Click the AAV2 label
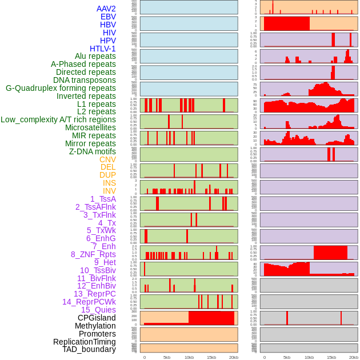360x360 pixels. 106,9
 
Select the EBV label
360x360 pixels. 108,17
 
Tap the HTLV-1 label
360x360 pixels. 103,49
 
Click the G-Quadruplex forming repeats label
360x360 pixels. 61,88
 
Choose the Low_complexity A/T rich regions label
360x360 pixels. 58,119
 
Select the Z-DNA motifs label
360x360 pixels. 93,151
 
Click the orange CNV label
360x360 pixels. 107,159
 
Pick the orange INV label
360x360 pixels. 109,191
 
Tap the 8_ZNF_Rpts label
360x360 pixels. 93,254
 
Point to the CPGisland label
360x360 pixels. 97,318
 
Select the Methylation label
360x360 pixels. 95,326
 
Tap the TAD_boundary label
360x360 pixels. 89,349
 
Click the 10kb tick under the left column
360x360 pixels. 189,357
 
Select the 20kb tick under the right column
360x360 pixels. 354,357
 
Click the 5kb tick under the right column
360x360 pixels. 287,357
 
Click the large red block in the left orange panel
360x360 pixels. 211,318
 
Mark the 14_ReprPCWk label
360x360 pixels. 89,302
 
